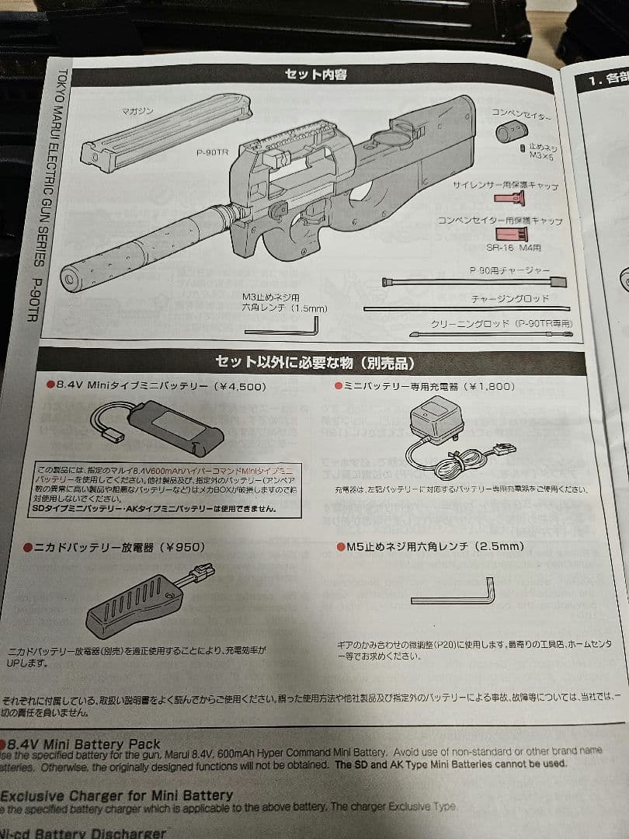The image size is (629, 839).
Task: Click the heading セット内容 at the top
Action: coord(316,75)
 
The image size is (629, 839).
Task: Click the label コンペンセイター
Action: coord(521,114)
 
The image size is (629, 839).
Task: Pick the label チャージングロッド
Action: coord(509,298)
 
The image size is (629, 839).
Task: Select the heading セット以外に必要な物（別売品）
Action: coord(314,363)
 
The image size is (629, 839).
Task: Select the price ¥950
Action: coord(180,547)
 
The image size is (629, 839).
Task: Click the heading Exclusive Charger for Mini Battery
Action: coord(116,795)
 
